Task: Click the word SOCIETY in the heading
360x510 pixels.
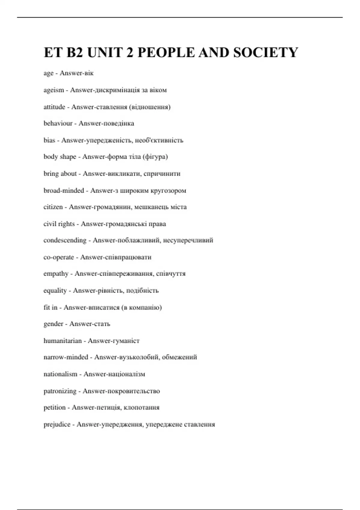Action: click(x=265, y=52)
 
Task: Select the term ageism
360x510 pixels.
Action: click(x=54, y=90)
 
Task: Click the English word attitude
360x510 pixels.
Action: click(x=54, y=107)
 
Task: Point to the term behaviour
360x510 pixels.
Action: click(x=58, y=123)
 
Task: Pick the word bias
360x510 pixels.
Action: click(x=49, y=140)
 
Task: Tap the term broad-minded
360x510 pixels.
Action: click(x=64, y=190)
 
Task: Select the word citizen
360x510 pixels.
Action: click(x=53, y=207)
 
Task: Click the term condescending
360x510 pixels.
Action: click(x=65, y=240)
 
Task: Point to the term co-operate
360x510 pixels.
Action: click(x=58, y=257)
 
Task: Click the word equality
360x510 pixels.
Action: click(x=55, y=290)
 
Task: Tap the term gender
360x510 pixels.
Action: click(x=53, y=324)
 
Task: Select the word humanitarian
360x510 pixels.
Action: click(x=62, y=340)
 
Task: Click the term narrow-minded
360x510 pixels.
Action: click(x=66, y=357)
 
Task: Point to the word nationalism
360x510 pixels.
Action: click(x=60, y=374)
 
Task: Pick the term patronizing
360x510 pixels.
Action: click(x=60, y=391)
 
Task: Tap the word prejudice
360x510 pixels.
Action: click(x=57, y=424)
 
